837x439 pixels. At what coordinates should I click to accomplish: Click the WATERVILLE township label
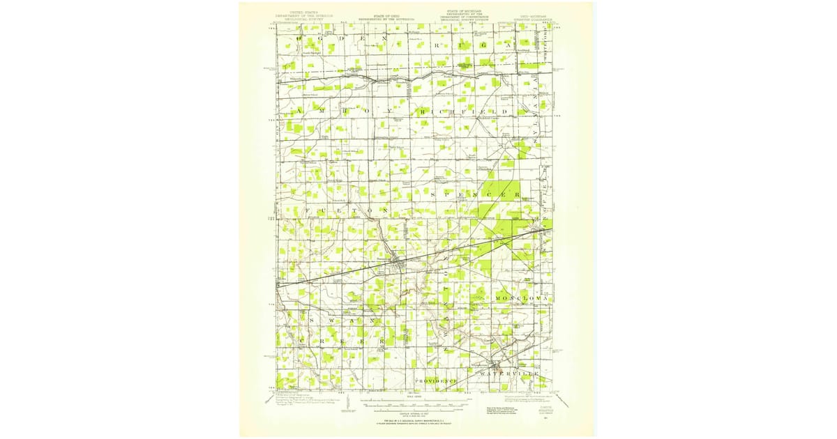click(x=509, y=375)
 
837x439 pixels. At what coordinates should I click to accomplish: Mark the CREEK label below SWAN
click(x=342, y=342)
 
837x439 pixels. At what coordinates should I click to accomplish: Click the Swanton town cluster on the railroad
click(x=395, y=263)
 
